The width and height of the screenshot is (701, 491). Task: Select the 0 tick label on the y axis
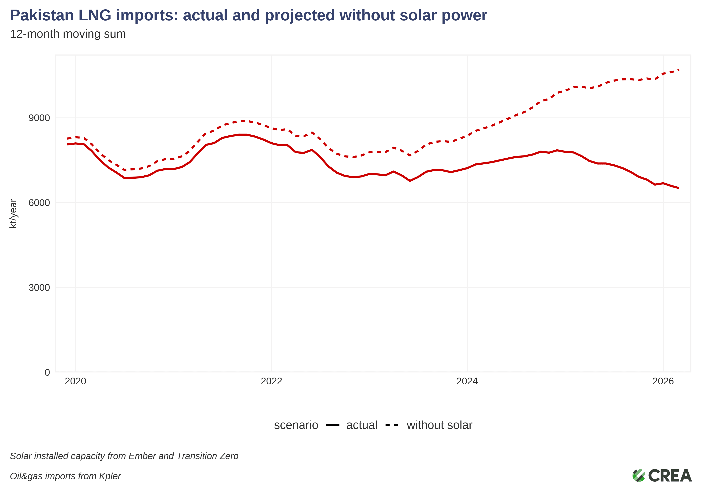point(47,372)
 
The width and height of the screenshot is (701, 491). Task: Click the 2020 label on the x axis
point(75,381)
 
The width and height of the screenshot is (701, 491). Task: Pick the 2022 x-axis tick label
point(272,381)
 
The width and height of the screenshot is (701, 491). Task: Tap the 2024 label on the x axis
point(467,381)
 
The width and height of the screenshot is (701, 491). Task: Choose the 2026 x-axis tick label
point(663,381)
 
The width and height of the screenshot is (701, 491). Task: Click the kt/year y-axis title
point(13,214)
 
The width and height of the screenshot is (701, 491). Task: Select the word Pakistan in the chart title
point(42,15)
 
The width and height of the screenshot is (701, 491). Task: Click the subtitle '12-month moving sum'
point(68,34)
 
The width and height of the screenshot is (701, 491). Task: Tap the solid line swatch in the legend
point(333,425)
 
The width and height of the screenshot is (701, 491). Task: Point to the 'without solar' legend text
point(439,425)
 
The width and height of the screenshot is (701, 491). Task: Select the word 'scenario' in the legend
point(296,425)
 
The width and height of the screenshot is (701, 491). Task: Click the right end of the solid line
point(678,188)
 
